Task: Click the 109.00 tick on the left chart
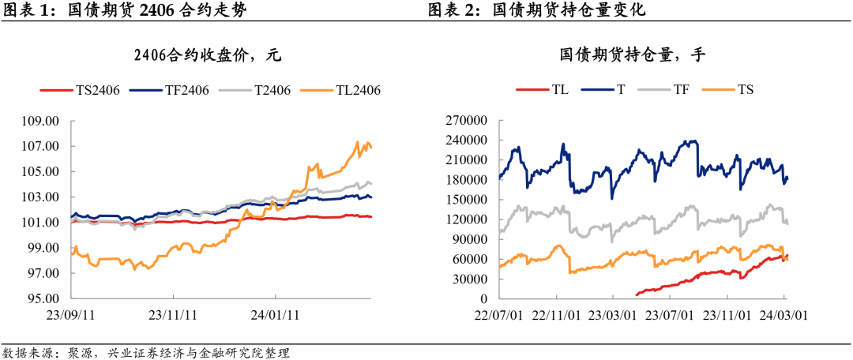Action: [x=44, y=122]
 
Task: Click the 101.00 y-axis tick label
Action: [x=44, y=223]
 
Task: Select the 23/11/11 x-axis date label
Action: [x=172, y=314]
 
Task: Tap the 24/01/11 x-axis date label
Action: [x=272, y=314]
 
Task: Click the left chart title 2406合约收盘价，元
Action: [x=208, y=55]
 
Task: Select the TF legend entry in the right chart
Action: [x=682, y=90]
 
